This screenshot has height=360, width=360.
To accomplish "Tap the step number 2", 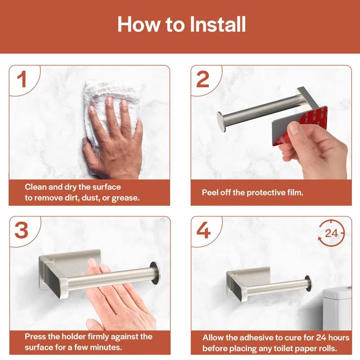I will (x=203, y=79).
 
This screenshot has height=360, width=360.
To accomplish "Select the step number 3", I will (x=21, y=230).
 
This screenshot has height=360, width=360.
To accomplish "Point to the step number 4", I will (x=203, y=230).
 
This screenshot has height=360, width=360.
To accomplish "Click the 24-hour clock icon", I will (x=331, y=233).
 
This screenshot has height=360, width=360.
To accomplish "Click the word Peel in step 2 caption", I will (x=211, y=192).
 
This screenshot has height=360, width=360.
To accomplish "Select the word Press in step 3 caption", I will (x=35, y=337).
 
